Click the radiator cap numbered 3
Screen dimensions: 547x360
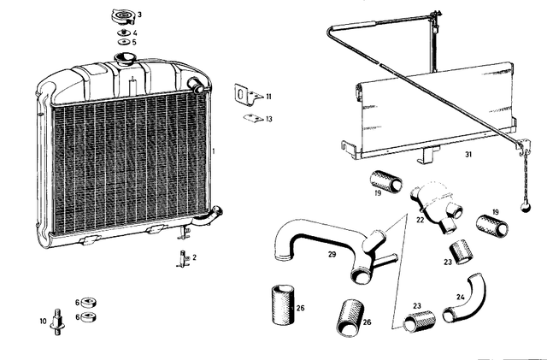coord(122,17)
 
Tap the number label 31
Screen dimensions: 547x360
coord(468,154)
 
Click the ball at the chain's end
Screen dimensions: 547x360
coord(525,208)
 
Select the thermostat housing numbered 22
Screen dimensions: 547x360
coord(437,208)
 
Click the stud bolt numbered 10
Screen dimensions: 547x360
coord(57,322)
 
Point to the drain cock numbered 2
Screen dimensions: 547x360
coord(183,258)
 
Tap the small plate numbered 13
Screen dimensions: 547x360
coord(253,118)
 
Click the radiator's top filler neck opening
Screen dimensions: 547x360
coord(125,57)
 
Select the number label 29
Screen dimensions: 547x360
coord(332,254)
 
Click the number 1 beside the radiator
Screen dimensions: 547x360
coord(214,151)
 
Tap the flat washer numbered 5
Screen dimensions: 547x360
coord(123,42)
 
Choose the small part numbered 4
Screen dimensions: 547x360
coord(123,32)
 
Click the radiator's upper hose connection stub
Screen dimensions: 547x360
coord(196,86)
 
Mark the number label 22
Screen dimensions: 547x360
coord(420,220)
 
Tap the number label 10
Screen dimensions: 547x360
coord(43,321)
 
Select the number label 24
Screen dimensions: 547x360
coord(460,297)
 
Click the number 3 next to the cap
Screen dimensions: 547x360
coord(139,15)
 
